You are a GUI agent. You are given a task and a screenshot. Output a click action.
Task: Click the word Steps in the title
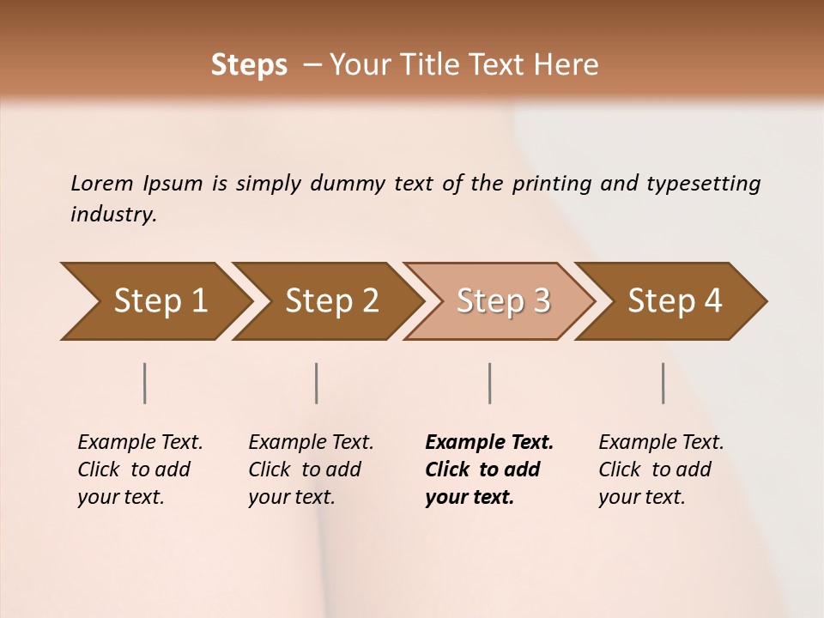point(249,65)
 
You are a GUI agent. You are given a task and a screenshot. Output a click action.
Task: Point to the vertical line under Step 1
point(145,383)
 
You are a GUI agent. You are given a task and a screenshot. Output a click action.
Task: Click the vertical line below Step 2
point(317,383)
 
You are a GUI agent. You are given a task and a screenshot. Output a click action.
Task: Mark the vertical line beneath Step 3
point(489,383)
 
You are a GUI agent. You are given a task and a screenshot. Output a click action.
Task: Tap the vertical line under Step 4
point(663,383)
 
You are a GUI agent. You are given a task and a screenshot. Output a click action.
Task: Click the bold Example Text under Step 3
point(489,442)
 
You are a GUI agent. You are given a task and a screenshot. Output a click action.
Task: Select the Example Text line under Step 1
point(140,442)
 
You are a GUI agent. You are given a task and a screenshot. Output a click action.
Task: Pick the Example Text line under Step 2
point(311,442)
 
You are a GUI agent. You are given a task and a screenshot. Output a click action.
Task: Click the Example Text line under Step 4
point(661,442)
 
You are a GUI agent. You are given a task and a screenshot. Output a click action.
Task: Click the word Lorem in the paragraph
point(102,183)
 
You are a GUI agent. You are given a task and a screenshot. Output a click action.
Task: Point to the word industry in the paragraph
point(113,215)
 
